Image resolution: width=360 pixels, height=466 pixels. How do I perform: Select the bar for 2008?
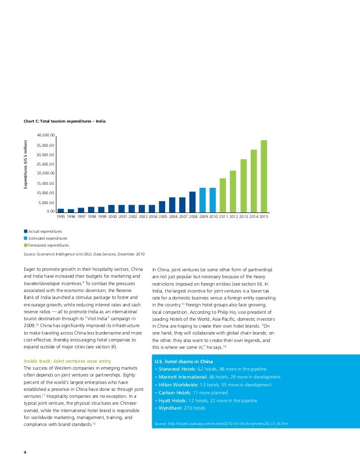(x=192, y=202)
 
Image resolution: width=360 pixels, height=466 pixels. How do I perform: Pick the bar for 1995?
(x=61, y=211)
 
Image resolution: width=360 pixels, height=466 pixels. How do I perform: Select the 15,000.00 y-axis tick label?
(x=46, y=183)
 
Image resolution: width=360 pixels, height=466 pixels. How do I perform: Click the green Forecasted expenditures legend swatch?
(x=26, y=245)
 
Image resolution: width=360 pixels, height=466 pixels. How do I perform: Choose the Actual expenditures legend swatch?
(x=26, y=231)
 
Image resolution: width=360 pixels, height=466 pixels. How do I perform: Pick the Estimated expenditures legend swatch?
(x=26, y=238)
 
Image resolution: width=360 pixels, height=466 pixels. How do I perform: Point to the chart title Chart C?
(x=64, y=121)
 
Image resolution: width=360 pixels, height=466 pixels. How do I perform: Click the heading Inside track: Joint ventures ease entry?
(x=67, y=361)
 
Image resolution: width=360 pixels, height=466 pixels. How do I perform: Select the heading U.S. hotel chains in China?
(x=184, y=362)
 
